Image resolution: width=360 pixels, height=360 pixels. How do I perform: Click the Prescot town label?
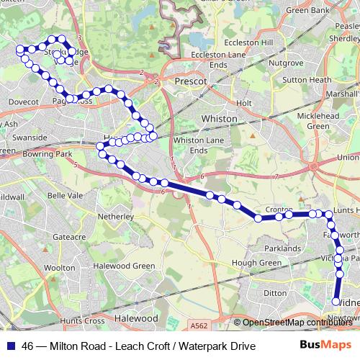191,82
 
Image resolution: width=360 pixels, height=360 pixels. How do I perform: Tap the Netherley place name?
118,215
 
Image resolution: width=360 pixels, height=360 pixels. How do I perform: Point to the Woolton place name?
59,268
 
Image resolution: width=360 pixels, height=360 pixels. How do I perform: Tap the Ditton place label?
275,293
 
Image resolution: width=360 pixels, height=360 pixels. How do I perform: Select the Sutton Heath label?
310,80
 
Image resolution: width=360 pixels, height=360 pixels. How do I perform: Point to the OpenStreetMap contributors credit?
297,323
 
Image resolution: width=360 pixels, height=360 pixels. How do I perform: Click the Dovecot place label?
23,102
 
